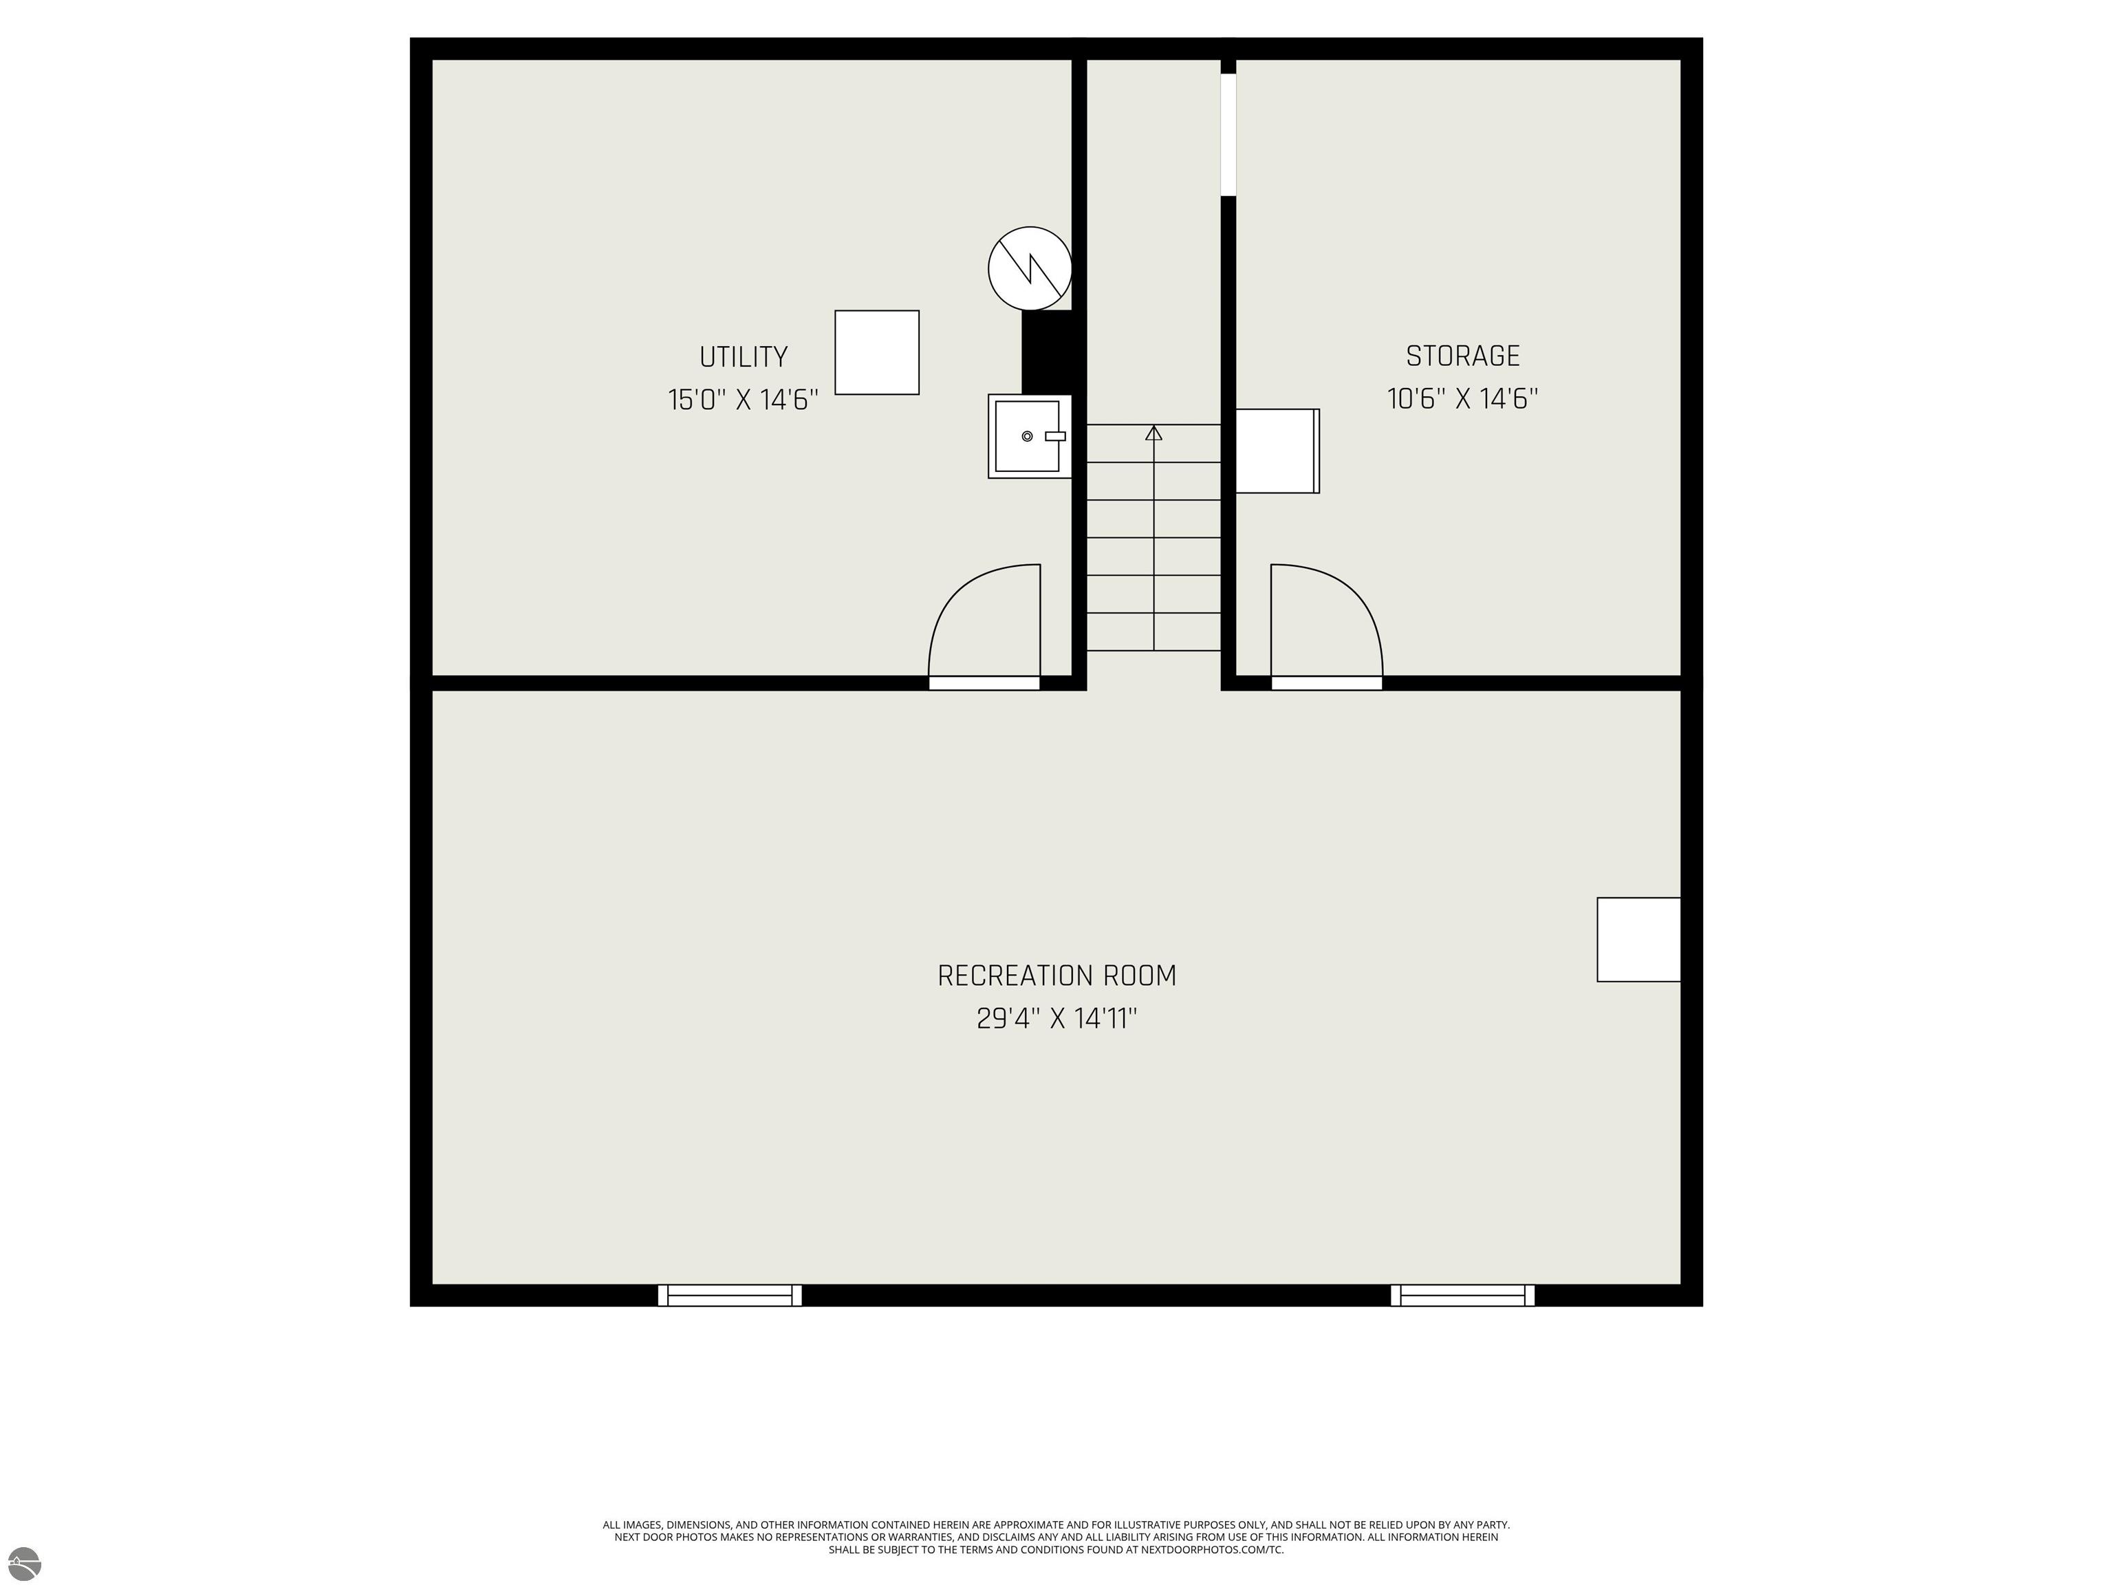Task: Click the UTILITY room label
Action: [x=743, y=357]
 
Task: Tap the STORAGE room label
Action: [x=1462, y=356]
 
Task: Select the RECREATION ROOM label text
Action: [x=1056, y=975]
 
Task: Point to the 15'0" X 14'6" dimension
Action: [x=743, y=400]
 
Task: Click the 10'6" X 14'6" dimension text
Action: [x=1462, y=398]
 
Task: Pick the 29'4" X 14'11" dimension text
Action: [x=1056, y=1018]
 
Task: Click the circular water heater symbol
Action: [x=1030, y=268]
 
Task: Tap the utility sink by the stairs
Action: [x=1030, y=437]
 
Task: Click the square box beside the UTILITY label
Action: [x=877, y=352]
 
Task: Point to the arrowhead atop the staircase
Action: [x=1154, y=433]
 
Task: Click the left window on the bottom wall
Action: [x=730, y=1295]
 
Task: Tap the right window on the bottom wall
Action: [x=1462, y=1295]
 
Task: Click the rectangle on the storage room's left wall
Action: [x=1278, y=451]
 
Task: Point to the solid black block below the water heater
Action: [x=1048, y=352]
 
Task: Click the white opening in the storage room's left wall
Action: [x=1228, y=135]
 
